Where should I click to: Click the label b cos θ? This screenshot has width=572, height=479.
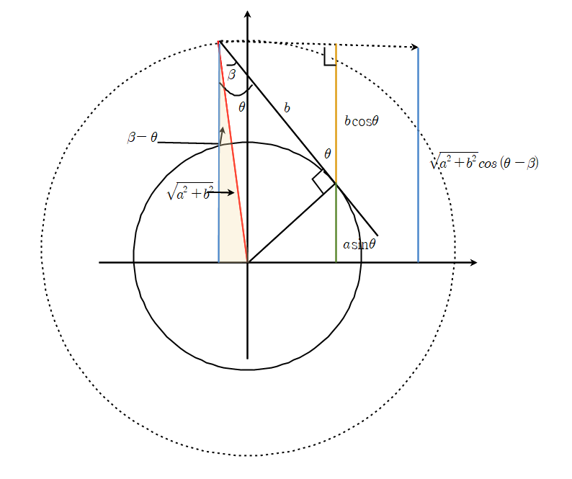362,121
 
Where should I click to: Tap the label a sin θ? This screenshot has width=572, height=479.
359,244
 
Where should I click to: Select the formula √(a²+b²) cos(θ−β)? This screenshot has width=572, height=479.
484,161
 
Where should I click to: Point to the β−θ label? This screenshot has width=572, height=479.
143,137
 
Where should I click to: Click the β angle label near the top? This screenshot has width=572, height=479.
232,74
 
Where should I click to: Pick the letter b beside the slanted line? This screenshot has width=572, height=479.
287,107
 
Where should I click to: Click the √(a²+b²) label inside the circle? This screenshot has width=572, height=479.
189,191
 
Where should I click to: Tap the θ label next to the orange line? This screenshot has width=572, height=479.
328,153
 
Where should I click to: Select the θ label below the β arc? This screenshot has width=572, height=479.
242,107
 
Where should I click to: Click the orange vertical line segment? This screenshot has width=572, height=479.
336,114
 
